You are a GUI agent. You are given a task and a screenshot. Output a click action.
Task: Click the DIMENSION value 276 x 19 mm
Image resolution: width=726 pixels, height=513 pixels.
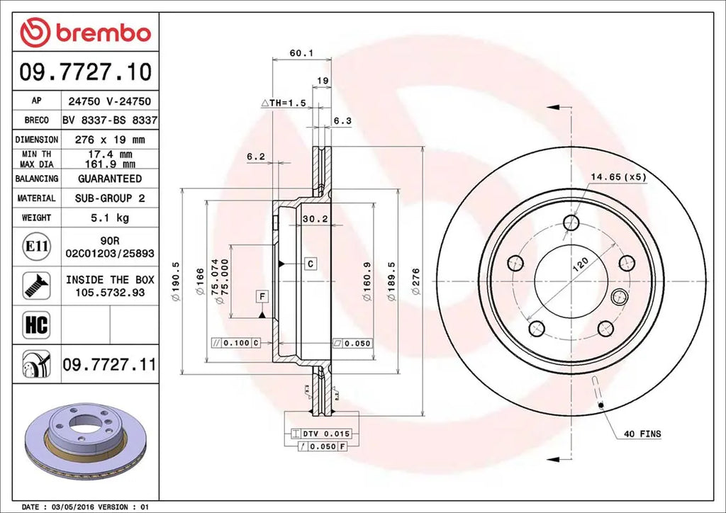click(109, 140)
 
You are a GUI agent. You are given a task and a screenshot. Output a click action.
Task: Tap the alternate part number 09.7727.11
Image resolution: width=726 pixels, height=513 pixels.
click(109, 365)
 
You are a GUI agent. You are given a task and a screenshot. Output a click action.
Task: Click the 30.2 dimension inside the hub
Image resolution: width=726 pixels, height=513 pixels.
click(314, 220)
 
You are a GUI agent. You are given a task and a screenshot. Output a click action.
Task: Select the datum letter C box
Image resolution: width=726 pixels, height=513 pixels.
click(311, 264)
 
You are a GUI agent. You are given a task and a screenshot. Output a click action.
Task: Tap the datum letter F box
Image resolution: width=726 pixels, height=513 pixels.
click(262, 295)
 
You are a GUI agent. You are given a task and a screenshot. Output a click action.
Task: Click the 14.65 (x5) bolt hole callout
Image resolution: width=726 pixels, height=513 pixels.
click(618, 178)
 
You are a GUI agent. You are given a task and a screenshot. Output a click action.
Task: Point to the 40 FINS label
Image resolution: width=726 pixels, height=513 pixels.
click(642, 433)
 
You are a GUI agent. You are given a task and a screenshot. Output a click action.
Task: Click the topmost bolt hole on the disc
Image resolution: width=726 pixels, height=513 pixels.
click(571, 223)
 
